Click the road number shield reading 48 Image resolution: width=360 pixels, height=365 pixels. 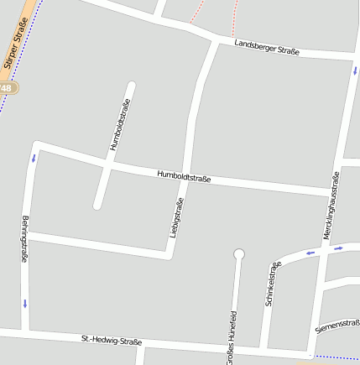[6, 88]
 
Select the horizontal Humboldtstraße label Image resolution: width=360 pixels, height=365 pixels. [184, 176]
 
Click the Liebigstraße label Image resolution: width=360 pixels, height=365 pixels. [176, 217]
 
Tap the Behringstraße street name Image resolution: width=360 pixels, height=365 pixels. [25, 240]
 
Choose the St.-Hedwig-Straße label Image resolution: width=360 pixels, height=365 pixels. [112, 340]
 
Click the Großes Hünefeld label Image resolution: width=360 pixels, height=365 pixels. [232, 337]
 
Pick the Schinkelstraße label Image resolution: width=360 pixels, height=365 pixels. [272, 283]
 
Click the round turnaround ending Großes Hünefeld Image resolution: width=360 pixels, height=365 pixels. [238, 253]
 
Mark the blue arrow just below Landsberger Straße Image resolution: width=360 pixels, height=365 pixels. [354, 70]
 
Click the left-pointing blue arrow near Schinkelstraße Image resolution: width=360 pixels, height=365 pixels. [310, 251]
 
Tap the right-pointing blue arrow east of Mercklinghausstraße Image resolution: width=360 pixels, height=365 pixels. [338, 248]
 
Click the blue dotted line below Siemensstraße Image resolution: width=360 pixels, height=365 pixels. [336, 357]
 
